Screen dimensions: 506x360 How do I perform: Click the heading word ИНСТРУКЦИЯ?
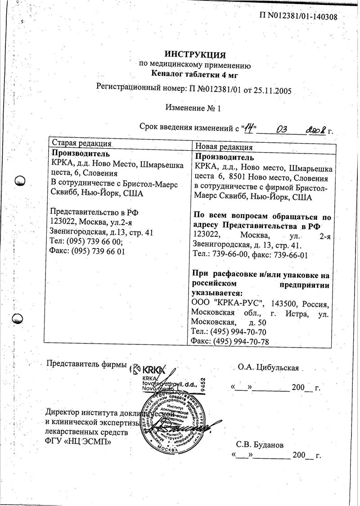click(x=194, y=55)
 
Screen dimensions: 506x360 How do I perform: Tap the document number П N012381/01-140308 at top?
click(x=298, y=17)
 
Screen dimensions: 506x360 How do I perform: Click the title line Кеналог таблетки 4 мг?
click(x=194, y=75)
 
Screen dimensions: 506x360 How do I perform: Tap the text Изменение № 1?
click(x=193, y=108)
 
